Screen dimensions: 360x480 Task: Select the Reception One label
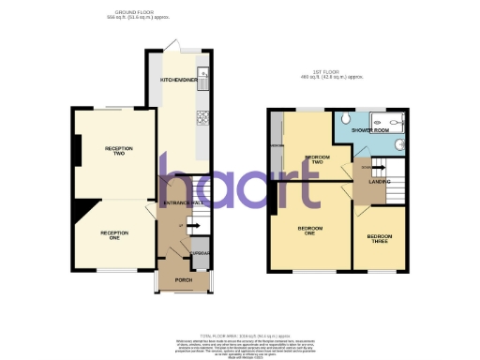(x=111, y=234)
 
